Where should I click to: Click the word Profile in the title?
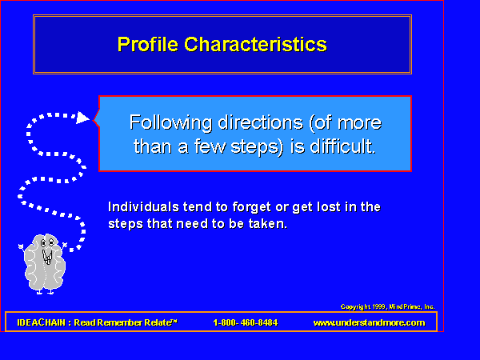click(x=147, y=44)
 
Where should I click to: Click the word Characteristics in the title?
click(x=256, y=44)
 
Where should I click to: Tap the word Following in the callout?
click(x=170, y=123)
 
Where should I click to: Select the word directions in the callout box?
click(x=261, y=122)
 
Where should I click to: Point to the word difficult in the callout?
click(x=342, y=146)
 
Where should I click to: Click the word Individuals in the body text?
click(x=143, y=207)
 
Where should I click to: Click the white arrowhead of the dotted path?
click(x=82, y=118)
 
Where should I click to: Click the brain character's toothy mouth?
click(x=47, y=257)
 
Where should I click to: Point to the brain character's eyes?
click(x=47, y=243)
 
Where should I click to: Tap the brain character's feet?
click(x=46, y=292)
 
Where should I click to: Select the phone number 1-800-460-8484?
click(x=246, y=322)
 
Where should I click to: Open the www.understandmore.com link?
click(x=369, y=322)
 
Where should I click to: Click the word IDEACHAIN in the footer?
click(x=42, y=322)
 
